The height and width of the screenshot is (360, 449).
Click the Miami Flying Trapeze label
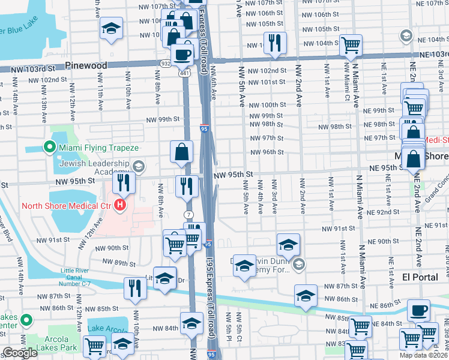point(98,148)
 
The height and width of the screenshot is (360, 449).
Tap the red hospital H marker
point(121,206)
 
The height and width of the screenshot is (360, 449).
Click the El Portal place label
point(419,278)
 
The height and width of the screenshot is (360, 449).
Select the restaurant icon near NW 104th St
point(276,42)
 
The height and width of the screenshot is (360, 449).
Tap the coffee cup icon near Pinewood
point(182,55)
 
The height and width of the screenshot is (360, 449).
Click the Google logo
point(20,353)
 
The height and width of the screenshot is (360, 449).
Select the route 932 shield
point(165,62)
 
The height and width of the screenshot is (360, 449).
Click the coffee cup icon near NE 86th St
point(418,310)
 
